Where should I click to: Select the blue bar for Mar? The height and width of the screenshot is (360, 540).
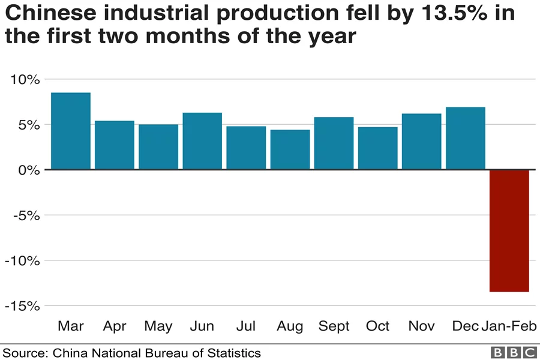coord(71,131)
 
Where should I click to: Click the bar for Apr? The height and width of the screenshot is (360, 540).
coord(115,145)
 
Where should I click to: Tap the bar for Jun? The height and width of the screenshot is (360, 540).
coord(202,141)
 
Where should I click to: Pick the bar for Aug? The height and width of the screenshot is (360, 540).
coord(290,149)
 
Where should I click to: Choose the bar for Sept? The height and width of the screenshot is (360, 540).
coord(334,143)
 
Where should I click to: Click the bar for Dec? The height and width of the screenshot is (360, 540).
coord(465,139)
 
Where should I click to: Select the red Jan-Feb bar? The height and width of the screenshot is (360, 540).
coord(509,230)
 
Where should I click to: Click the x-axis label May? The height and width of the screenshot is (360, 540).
coord(158,326)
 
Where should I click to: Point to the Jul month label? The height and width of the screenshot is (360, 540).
coord(246,326)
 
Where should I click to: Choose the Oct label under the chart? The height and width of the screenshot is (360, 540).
coord(377,326)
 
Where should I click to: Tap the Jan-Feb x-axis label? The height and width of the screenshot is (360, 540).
coord(509,326)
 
